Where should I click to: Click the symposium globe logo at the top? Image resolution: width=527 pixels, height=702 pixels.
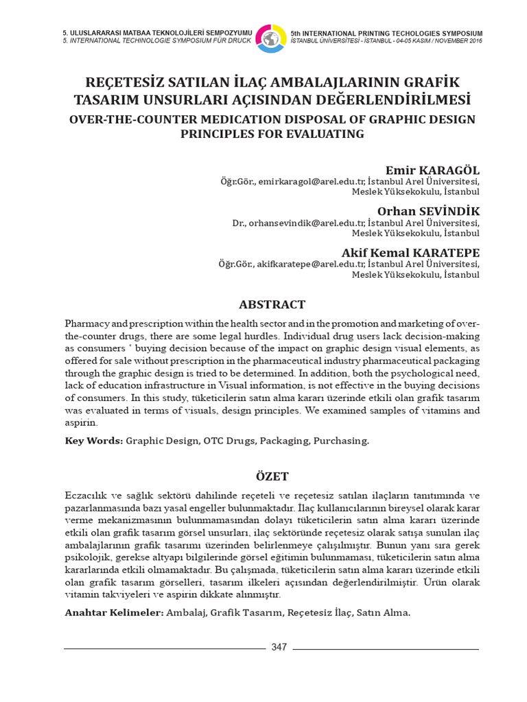pyautogui.click(x=271, y=38)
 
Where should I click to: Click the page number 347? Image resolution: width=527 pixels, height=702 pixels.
pyautogui.click(x=279, y=647)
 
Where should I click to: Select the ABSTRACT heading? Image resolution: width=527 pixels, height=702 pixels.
pyautogui.click(x=272, y=304)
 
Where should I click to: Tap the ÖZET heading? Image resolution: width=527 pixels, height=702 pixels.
pyautogui.click(x=272, y=476)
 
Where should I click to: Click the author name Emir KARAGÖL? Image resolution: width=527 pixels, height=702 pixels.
pyautogui.click(x=433, y=170)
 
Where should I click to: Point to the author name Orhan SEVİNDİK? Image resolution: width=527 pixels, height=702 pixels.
pyautogui.click(x=429, y=210)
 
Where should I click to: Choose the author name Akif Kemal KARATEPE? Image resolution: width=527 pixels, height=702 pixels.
pyautogui.click(x=410, y=252)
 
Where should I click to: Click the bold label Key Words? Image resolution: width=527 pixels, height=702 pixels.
pyautogui.click(x=93, y=441)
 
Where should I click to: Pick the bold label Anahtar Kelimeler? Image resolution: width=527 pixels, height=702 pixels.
pyautogui.click(x=114, y=612)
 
